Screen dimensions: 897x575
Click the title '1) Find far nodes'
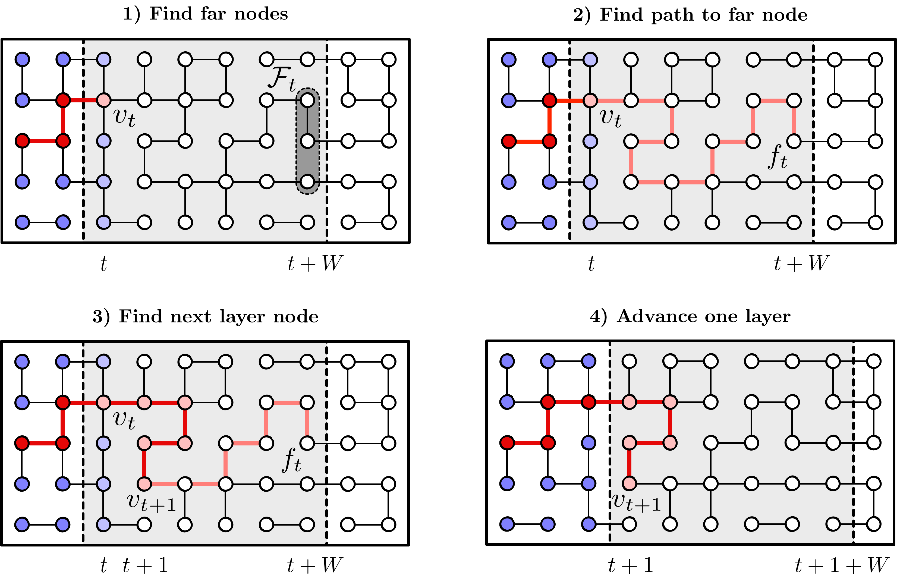[205, 14]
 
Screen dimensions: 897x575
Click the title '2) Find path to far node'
[690, 15]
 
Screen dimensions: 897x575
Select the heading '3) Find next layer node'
[205, 317]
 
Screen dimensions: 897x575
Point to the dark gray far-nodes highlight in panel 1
[308, 141]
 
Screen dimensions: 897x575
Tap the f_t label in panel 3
[292, 460]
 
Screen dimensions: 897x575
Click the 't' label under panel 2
[591, 264]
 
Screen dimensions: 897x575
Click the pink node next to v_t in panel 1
[103, 100]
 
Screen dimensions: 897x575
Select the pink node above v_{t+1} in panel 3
[144, 443]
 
